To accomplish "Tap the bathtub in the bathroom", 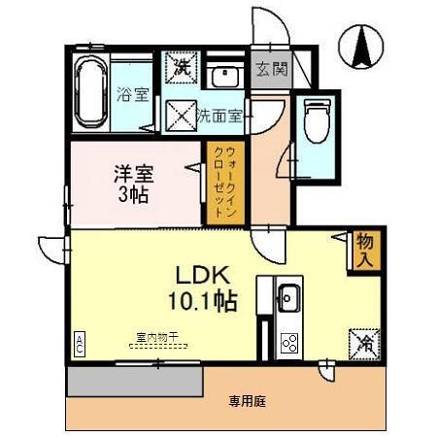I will (90, 92).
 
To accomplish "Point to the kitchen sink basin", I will (288, 296).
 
